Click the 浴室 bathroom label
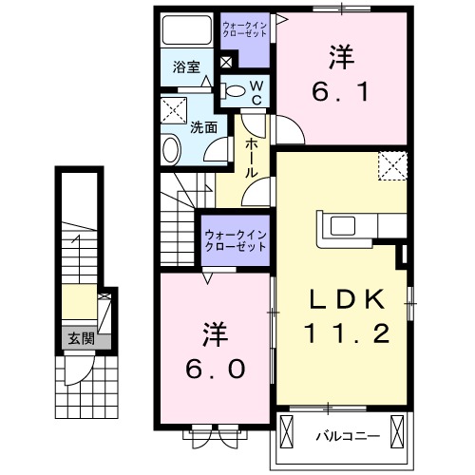pyautogui.click(x=186, y=67)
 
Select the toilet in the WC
pyautogui.click(x=234, y=91)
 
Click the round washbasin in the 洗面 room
pyautogui.click(x=171, y=150)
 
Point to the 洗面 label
pyautogui.click(x=202, y=126)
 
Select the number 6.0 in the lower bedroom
pyautogui.click(x=213, y=367)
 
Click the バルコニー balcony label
pyautogui.click(x=348, y=437)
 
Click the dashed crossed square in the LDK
pyautogui.click(x=390, y=167)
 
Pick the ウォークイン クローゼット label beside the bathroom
pyautogui.click(x=243, y=27)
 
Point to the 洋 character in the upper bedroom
pyautogui.click(x=339, y=57)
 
